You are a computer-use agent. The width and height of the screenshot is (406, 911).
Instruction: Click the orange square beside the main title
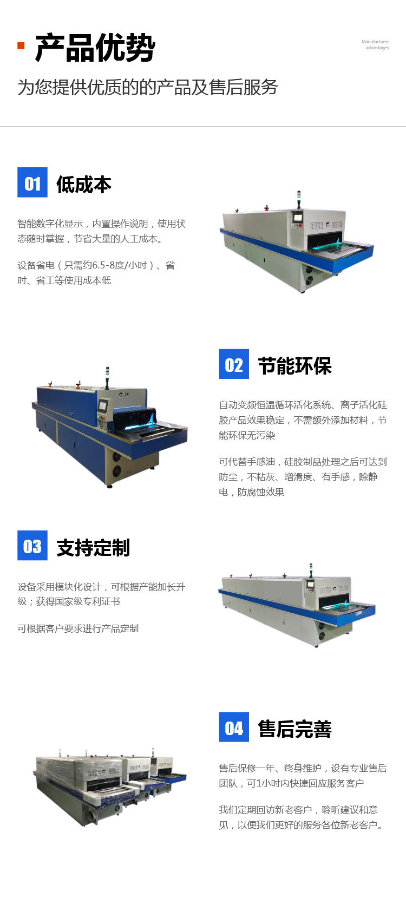point(21,45)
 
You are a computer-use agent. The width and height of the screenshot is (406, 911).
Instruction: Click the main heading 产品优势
point(95,48)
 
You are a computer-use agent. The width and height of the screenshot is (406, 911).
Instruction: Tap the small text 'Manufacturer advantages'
point(375,45)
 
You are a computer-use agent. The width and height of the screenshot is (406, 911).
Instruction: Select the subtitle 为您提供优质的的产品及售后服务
point(148,88)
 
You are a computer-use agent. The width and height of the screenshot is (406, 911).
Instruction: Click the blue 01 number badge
point(32,182)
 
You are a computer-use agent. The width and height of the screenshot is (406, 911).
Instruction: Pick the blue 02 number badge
point(234,364)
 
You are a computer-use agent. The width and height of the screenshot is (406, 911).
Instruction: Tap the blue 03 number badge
point(32,546)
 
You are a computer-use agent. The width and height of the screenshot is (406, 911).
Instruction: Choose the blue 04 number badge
point(234,727)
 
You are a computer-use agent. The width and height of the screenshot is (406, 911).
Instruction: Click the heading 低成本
point(84,185)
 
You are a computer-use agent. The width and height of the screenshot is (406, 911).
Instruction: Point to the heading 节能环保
point(295,366)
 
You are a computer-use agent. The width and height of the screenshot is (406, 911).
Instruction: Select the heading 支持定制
point(93,548)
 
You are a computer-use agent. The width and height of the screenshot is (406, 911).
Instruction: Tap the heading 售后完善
point(295,729)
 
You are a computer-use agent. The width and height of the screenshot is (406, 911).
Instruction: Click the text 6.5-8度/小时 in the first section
point(120,266)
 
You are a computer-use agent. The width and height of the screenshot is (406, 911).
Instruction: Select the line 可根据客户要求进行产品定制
point(78,629)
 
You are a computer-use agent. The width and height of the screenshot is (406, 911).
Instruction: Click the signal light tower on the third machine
point(311,570)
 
